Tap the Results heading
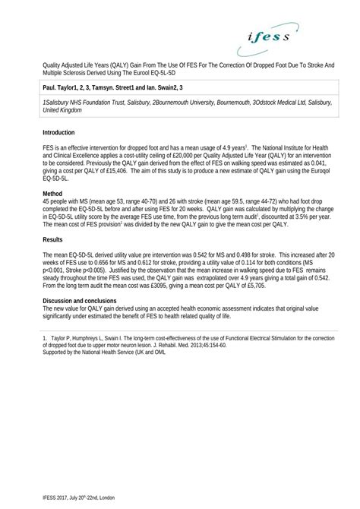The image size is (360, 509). tap(52, 240)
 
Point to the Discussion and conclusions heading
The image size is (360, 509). tap(81, 302)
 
